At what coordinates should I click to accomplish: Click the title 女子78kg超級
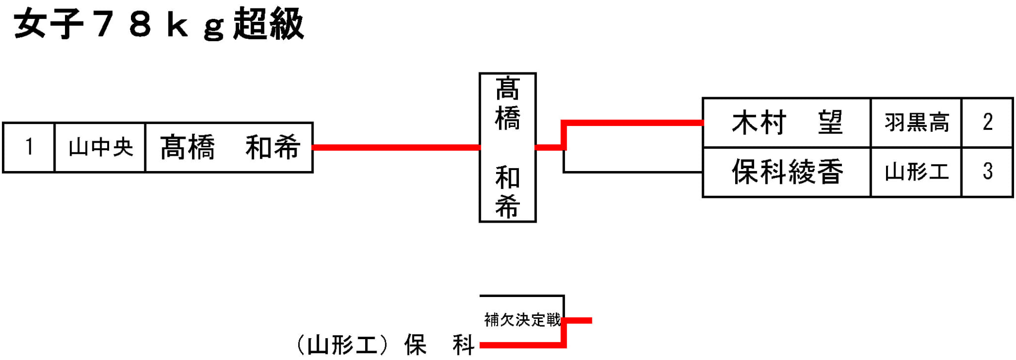(159, 24)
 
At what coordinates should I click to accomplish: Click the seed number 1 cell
(29, 147)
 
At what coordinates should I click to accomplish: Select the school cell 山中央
(100, 147)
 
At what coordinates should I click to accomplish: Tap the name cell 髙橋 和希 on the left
(229, 147)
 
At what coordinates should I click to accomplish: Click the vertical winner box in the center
(507, 147)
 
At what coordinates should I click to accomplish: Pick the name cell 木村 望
(787, 122)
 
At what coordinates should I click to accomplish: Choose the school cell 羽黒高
(916, 122)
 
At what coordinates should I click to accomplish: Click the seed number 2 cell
(987, 122)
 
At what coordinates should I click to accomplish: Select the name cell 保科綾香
(787, 172)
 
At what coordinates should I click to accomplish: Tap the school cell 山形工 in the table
(916, 172)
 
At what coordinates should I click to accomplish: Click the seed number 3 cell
(987, 172)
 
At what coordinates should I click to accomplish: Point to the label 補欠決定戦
(522, 320)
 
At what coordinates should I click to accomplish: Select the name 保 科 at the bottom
(440, 345)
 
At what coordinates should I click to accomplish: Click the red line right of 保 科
(521, 345)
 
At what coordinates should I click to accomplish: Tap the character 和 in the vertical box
(507, 178)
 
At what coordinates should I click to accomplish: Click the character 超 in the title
(250, 24)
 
